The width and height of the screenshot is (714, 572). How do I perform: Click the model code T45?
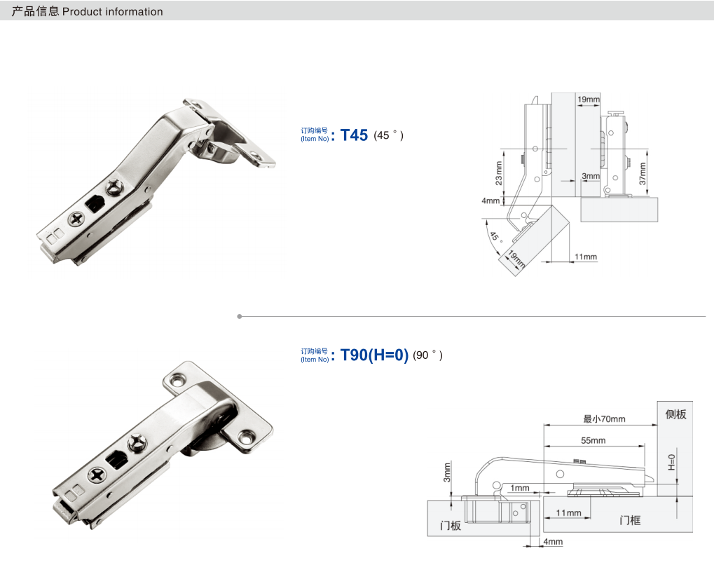click(354, 135)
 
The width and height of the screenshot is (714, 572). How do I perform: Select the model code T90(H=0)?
click(374, 355)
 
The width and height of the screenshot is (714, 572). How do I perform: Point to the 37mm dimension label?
click(643, 173)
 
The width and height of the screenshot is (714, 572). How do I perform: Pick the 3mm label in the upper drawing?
click(591, 175)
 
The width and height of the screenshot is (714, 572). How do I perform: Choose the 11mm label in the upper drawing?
click(586, 257)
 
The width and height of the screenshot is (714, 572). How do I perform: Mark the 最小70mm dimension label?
click(604, 419)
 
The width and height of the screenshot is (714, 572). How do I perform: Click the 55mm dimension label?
click(593, 441)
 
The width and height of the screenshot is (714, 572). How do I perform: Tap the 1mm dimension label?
click(520, 488)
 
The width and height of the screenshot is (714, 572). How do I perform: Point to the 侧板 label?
click(675, 414)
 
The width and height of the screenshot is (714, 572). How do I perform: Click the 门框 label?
click(630, 520)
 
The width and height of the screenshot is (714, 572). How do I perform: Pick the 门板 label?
click(451, 525)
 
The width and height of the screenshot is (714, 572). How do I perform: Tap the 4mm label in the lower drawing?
click(553, 542)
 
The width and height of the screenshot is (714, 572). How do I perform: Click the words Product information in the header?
click(112, 12)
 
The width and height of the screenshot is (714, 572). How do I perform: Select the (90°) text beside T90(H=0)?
click(428, 355)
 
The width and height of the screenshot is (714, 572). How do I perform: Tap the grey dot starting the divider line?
click(240, 316)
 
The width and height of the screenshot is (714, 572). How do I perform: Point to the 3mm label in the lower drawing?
click(447, 471)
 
